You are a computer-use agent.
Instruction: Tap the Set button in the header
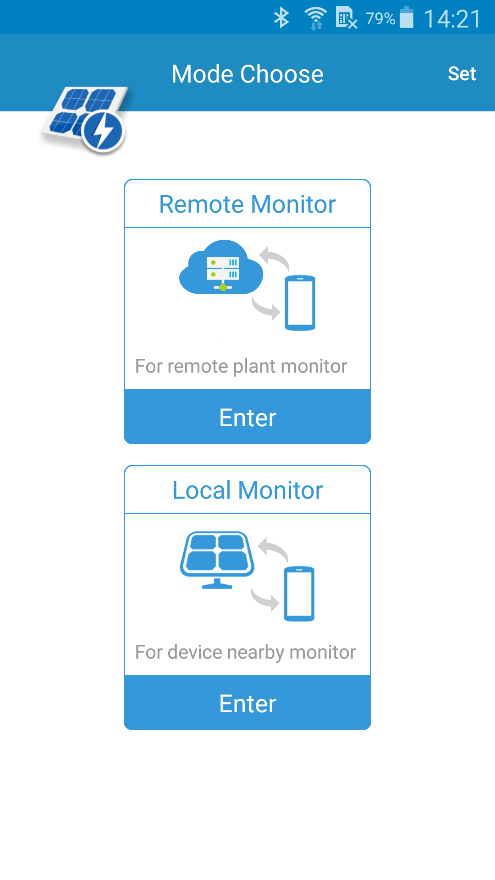pos(462,74)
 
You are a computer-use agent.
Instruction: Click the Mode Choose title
pos(247,74)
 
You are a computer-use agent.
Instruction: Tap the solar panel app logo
pos(85,120)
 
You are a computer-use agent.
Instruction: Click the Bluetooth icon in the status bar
pos(281,18)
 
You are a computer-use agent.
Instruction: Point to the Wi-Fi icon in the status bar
pos(316,18)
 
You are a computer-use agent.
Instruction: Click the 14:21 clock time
pos(452,19)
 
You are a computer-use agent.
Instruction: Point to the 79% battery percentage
pos(380,19)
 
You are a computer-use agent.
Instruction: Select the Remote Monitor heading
pos(247,204)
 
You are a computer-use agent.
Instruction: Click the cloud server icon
pos(221,267)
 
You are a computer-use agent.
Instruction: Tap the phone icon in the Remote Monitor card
pos(300,303)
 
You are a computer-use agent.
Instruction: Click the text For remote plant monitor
pos(241,366)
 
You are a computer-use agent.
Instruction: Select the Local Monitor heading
pos(247,490)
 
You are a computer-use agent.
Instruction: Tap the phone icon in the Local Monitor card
pos(299,594)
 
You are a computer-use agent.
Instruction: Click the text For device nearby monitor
pos(246,652)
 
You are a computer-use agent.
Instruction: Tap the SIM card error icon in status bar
pos(346,18)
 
